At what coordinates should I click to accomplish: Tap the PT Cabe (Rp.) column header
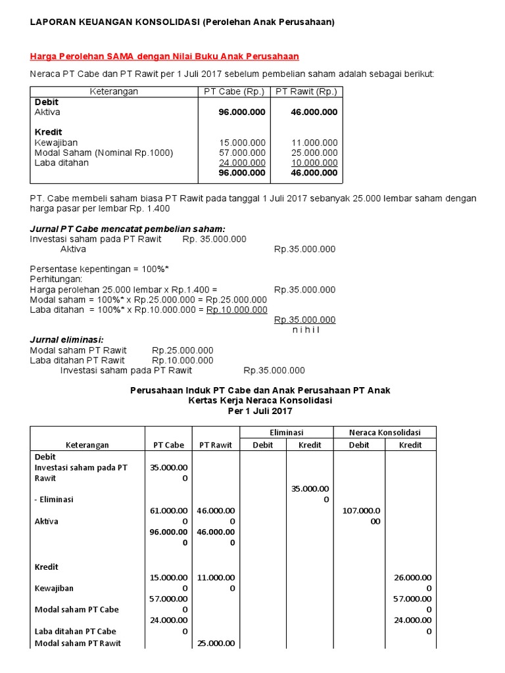click(x=234, y=92)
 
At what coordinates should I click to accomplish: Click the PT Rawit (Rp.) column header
click(x=306, y=92)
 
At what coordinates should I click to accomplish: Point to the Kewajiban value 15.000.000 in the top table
click(x=243, y=143)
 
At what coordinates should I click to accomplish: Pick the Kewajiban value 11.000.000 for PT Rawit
click(x=314, y=143)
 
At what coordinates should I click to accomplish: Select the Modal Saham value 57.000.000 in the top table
click(x=243, y=152)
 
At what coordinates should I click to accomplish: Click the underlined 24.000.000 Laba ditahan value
click(x=243, y=162)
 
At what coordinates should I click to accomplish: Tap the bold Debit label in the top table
click(x=46, y=103)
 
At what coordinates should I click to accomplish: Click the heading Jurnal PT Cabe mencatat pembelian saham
click(x=128, y=229)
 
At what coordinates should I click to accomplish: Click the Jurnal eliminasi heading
click(x=67, y=340)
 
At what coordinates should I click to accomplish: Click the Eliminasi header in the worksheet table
click(x=286, y=432)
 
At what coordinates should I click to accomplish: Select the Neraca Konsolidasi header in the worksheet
click(x=385, y=432)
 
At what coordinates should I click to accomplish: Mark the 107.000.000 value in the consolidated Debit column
click(x=359, y=515)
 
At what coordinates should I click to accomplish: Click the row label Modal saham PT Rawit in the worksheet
click(x=78, y=643)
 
